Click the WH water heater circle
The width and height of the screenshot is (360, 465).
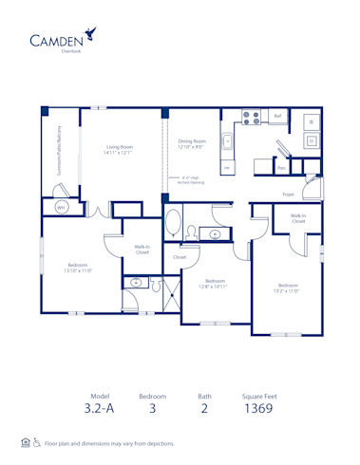pyautogui.click(x=61, y=206)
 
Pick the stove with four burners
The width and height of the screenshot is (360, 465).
pyautogui.click(x=252, y=119)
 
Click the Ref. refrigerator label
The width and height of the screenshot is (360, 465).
pyautogui.click(x=277, y=116)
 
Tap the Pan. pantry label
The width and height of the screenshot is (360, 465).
pyautogui.click(x=281, y=168)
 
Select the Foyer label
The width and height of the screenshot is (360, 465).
pyautogui.click(x=288, y=195)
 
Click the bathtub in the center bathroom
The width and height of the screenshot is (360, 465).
pyautogui.click(x=175, y=226)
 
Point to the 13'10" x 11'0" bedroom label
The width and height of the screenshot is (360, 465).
pyautogui.click(x=78, y=268)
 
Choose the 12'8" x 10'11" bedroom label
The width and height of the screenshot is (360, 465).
pyautogui.click(x=216, y=284)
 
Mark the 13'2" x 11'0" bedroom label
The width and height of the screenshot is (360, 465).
pyautogui.click(x=288, y=288)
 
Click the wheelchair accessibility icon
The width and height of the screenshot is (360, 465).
pyautogui.click(x=36, y=443)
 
